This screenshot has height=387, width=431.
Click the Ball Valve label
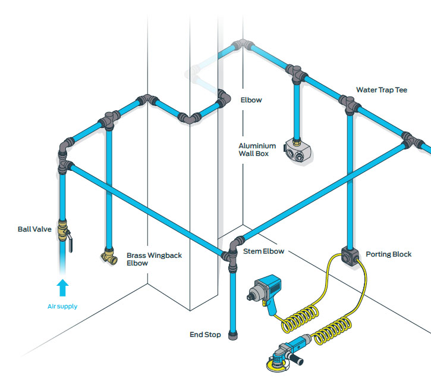[34, 228]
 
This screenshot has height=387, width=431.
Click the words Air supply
[62, 307]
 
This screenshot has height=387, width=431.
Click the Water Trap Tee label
[380, 90]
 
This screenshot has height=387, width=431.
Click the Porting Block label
[389, 254]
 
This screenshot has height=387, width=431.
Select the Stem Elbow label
[263, 251]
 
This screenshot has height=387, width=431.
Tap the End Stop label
[205, 335]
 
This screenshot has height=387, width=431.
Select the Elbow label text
[251, 100]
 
